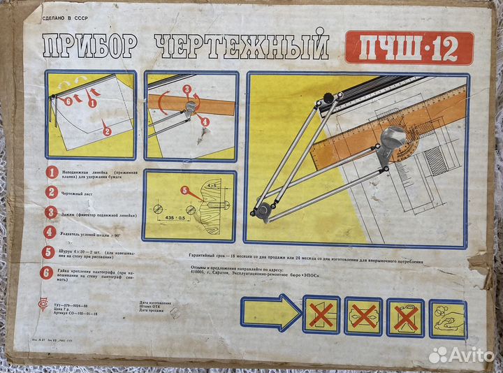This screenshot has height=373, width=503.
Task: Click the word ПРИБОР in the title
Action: pyautogui.click(x=89, y=48)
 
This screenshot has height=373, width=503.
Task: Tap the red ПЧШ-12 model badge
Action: pyautogui.click(x=409, y=47)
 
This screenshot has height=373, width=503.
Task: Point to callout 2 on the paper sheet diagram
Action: pyautogui.click(x=106, y=130)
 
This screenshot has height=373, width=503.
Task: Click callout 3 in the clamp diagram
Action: pyautogui.click(x=187, y=89)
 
